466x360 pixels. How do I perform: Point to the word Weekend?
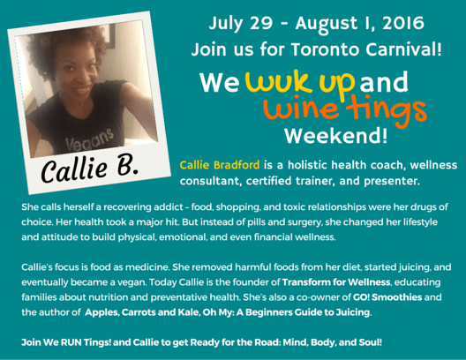[323, 137]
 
